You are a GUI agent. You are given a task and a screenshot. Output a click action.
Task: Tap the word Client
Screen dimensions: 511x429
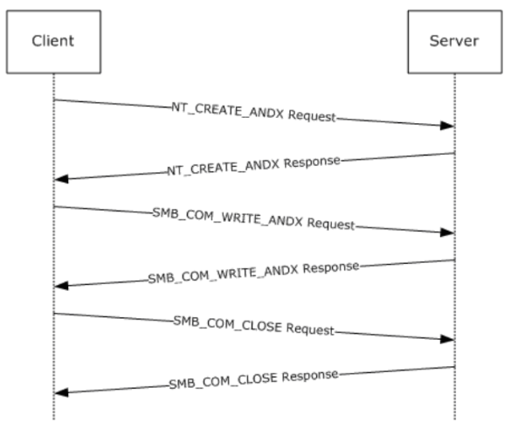point(52,41)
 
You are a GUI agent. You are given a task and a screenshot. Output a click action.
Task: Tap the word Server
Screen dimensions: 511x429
point(454,41)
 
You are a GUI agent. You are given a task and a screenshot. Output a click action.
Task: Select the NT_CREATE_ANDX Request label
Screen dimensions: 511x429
point(253,112)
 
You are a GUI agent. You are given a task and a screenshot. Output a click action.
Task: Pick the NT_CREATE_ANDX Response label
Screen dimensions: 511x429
point(253,166)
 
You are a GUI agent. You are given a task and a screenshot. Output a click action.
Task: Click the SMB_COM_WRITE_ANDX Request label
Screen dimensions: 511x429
point(253,218)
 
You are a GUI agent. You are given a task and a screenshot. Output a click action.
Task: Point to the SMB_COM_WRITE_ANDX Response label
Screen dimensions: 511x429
point(253,273)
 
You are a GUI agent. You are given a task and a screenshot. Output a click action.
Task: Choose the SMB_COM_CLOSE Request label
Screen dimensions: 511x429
point(253,326)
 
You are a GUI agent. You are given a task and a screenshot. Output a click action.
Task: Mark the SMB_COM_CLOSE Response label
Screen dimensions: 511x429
point(253,380)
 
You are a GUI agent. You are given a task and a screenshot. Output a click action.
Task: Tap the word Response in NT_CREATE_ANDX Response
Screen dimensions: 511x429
point(312,163)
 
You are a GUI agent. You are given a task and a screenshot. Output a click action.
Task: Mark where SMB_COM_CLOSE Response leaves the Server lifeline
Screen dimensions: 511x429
point(455,367)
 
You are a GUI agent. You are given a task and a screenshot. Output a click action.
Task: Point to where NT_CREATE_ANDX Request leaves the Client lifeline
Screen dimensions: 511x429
point(54,100)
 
